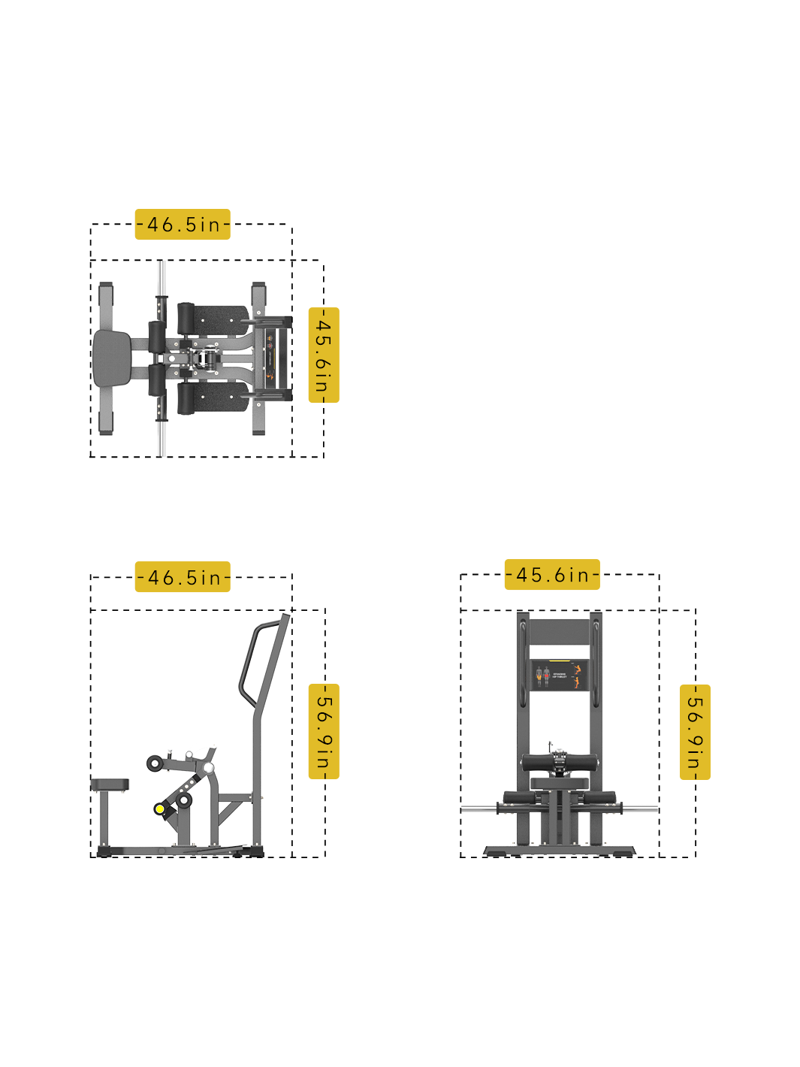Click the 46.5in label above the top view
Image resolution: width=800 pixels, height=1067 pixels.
pos(183,225)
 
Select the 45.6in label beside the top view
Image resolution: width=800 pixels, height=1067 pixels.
pos(323,355)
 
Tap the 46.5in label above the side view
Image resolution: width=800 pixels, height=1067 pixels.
pos(183,577)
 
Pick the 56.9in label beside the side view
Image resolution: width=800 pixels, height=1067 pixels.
pos(323,731)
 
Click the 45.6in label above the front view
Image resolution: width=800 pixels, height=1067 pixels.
pos(551,575)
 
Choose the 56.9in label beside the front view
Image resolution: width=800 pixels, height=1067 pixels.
pos(694,732)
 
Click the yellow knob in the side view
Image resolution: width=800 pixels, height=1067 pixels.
pos(160,809)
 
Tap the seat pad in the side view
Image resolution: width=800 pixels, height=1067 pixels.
pos(110,784)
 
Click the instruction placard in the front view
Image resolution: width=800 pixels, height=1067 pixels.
pos(559,675)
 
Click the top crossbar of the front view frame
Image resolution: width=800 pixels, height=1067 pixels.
pos(559,631)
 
